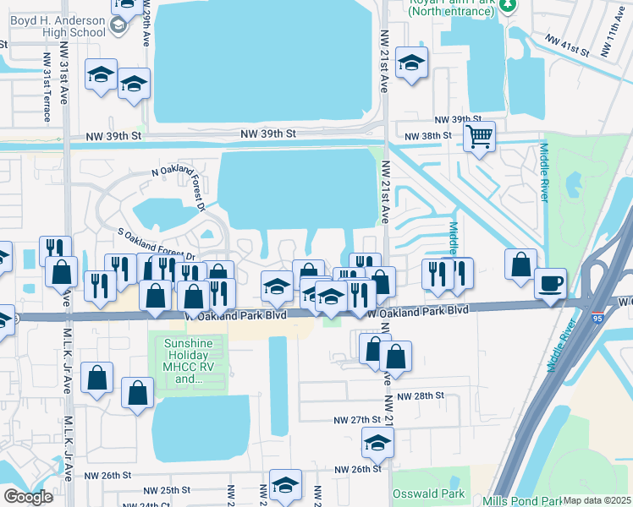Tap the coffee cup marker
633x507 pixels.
[551, 282]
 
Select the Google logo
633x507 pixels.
[28, 497]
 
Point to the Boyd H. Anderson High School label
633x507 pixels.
[50, 19]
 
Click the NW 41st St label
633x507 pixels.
[567, 44]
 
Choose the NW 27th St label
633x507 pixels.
[359, 420]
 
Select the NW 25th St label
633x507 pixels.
[167, 490]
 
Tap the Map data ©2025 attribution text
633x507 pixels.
[597, 500]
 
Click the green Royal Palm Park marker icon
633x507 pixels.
[507, 5]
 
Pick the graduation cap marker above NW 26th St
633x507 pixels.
[377, 441]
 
